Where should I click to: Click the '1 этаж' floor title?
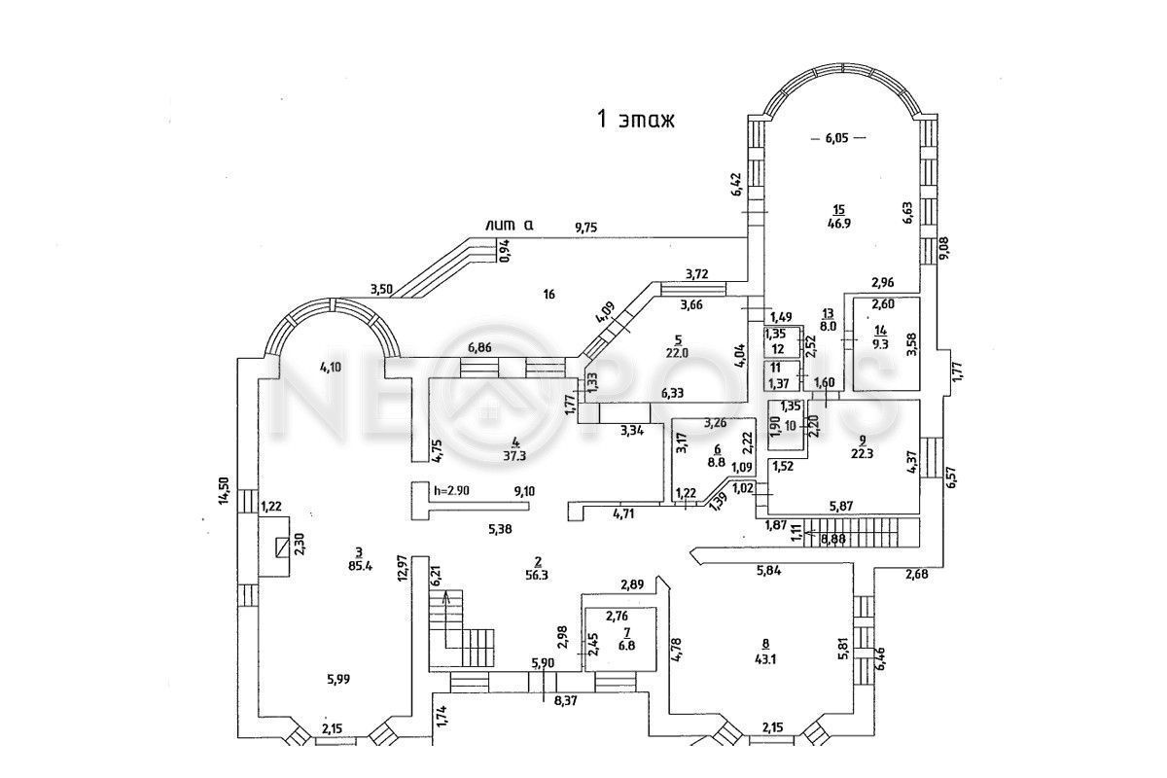coord(635,120)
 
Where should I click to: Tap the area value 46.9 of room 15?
coord(838,223)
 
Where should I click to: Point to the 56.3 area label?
coord(537,574)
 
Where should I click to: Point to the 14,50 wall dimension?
coord(225,489)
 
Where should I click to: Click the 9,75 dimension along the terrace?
coord(586,228)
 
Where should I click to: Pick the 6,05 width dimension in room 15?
coord(837,138)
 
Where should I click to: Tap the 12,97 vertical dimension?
coord(402,568)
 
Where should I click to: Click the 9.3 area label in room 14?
coord(880,342)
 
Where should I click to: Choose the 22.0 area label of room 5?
coord(677,353)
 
